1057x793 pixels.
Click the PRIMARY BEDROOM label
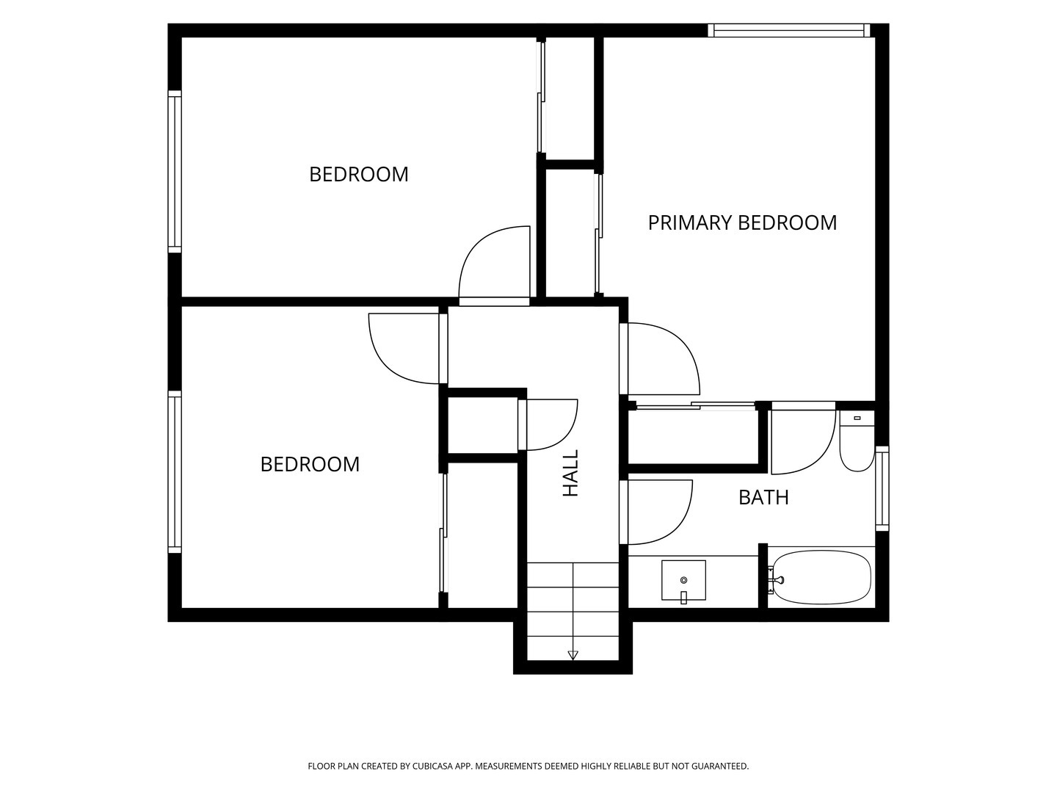pos(742,223)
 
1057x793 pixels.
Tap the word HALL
pos(570,474)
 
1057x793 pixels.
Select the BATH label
pos(763,497)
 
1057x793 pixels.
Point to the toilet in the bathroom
pos(857,441)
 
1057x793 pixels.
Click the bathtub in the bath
pos(820,577)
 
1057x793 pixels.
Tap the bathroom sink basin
pos(684,580)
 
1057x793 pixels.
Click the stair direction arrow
pos(573,655)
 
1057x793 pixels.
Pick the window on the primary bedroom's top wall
pos(789,30)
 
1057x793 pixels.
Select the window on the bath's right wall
pos(882,489)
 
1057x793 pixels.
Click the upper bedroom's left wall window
pos(175,171)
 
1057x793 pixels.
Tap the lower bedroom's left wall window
pos(175,472)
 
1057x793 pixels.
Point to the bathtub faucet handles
pos(775,580)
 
